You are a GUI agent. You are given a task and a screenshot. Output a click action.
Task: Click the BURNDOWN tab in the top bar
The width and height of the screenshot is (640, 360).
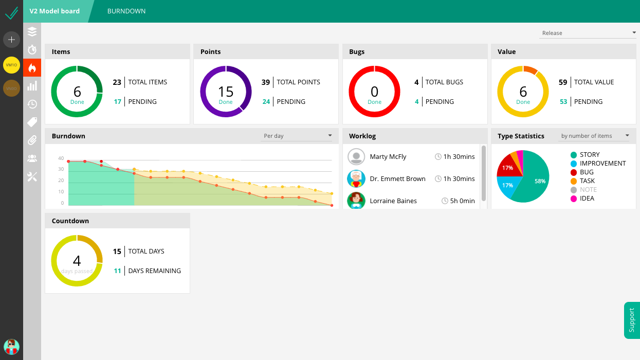click(x=126, y=11)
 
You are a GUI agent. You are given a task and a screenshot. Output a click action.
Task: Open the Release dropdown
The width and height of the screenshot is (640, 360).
click(x=588, y=33)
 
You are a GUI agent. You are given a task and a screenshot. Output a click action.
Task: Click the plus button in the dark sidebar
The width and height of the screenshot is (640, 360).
click(x=11, y=40)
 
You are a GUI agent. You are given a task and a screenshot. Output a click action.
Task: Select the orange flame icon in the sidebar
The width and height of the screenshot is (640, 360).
click(x=32, y=68)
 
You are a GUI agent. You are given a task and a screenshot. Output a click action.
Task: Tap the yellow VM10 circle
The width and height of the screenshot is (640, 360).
click(x=11, y=65)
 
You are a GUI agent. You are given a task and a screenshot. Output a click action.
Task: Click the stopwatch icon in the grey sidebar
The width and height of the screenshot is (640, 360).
click(x=32, y=49)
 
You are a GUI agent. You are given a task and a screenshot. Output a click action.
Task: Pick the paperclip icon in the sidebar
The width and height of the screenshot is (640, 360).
click(x=32, y=140)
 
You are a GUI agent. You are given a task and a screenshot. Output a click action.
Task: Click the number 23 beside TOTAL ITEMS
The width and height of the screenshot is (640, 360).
click(x=117, y=82)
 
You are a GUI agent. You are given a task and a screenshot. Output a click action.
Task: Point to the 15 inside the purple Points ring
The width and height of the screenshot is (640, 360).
click(x=226, y=92)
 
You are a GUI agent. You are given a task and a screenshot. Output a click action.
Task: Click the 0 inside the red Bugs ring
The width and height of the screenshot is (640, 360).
click(x=374, y=92)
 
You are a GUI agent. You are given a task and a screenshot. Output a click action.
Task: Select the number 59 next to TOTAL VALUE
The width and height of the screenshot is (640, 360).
click(x=563, y=82)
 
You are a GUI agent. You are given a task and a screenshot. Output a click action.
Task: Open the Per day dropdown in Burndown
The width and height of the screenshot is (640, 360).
click(x=297, y=136)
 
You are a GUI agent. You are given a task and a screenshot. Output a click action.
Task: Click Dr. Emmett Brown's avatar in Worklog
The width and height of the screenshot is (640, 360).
click(x=356, y=178)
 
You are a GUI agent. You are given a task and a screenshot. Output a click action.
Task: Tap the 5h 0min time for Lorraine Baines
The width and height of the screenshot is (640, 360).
click(x=462, y=201)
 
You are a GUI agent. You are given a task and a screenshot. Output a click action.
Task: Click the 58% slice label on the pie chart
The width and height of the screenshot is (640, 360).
click(x=540, y=181)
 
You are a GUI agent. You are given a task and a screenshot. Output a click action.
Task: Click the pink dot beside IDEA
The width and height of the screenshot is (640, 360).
click(x=573, y=199)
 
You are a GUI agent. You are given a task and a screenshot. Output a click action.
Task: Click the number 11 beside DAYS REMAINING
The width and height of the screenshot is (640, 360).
click(x=117, y=271)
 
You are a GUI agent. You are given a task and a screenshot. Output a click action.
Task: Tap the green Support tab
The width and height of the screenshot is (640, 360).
click(x=632, y=320)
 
